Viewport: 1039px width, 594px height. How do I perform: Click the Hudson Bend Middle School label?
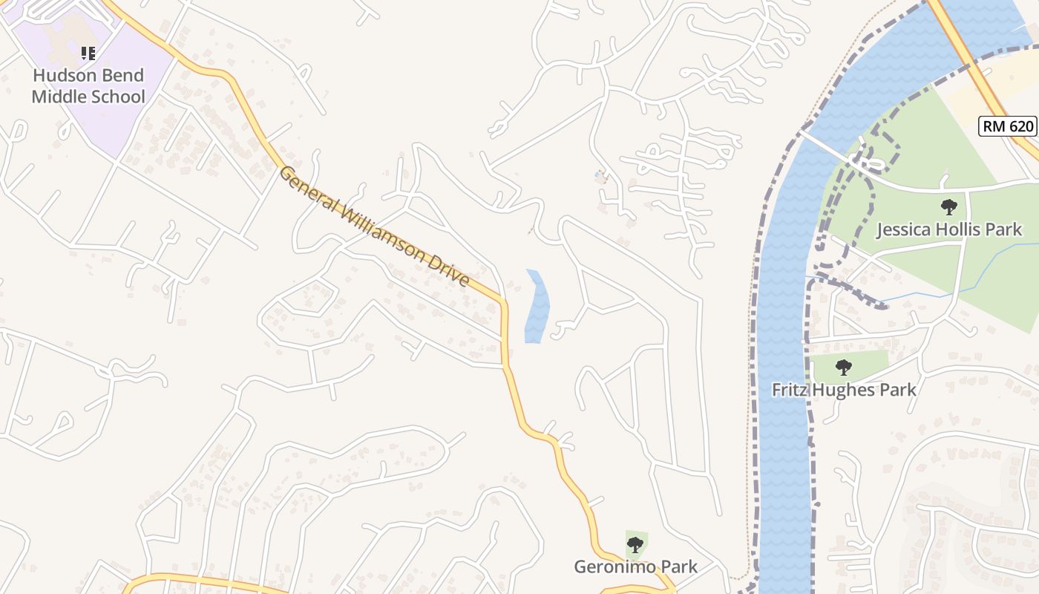88,86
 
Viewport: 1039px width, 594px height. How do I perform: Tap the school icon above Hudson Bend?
88,53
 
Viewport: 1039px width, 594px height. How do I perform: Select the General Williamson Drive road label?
375,226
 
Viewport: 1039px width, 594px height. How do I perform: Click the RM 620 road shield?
1008,126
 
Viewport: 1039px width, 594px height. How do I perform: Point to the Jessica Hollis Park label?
949,229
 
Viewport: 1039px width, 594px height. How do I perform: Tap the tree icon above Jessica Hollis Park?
948,207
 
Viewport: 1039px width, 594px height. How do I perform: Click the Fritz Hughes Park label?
844,390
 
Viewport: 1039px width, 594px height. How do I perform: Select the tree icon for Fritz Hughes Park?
843,367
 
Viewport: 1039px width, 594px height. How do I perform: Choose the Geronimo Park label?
635,567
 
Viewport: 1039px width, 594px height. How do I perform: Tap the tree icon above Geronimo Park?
635,546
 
